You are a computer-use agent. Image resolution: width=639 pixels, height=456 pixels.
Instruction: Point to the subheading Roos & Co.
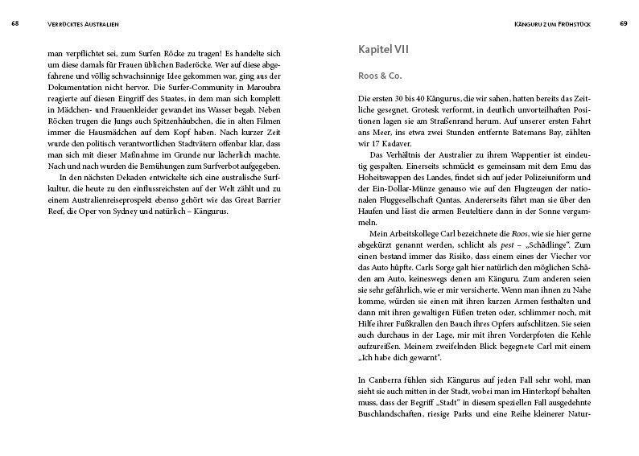(x=381, y=75)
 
